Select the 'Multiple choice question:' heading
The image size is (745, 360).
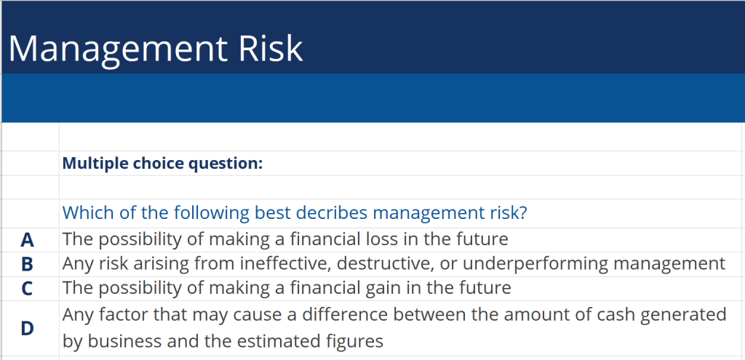pos(162,163)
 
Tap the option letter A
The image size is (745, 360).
pos(28,239)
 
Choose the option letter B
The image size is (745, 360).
pos(28,263)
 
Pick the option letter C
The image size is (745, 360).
pos(28,288)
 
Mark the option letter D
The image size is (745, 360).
pos(28,328)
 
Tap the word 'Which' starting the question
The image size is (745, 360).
pos(84,213)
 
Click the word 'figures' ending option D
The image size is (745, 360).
pos(356,341)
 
